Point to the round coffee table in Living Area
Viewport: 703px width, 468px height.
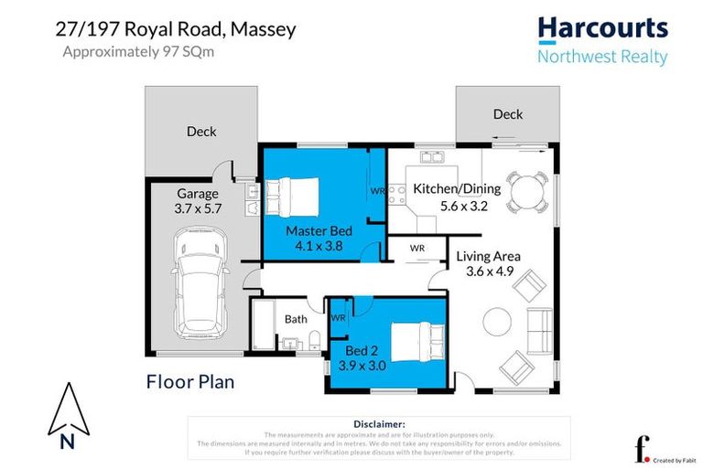click(x=497, y=322)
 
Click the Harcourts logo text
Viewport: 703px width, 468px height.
click(x=601, y=29)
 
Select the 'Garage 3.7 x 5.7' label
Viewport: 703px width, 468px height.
click(x=198, y=201)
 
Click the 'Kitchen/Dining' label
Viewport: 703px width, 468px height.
click(x=457, y=189)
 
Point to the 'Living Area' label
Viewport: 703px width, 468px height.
click(x=488, y=257)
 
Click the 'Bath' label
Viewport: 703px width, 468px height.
click(x=296, y=319)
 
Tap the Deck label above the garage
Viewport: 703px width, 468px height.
click(x=201, y=132)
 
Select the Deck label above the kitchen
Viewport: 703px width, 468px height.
click(x=508, y=114)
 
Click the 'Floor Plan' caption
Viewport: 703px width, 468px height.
click(x=190, y=381)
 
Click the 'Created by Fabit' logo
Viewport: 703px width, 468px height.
click(x=652, y=449)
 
